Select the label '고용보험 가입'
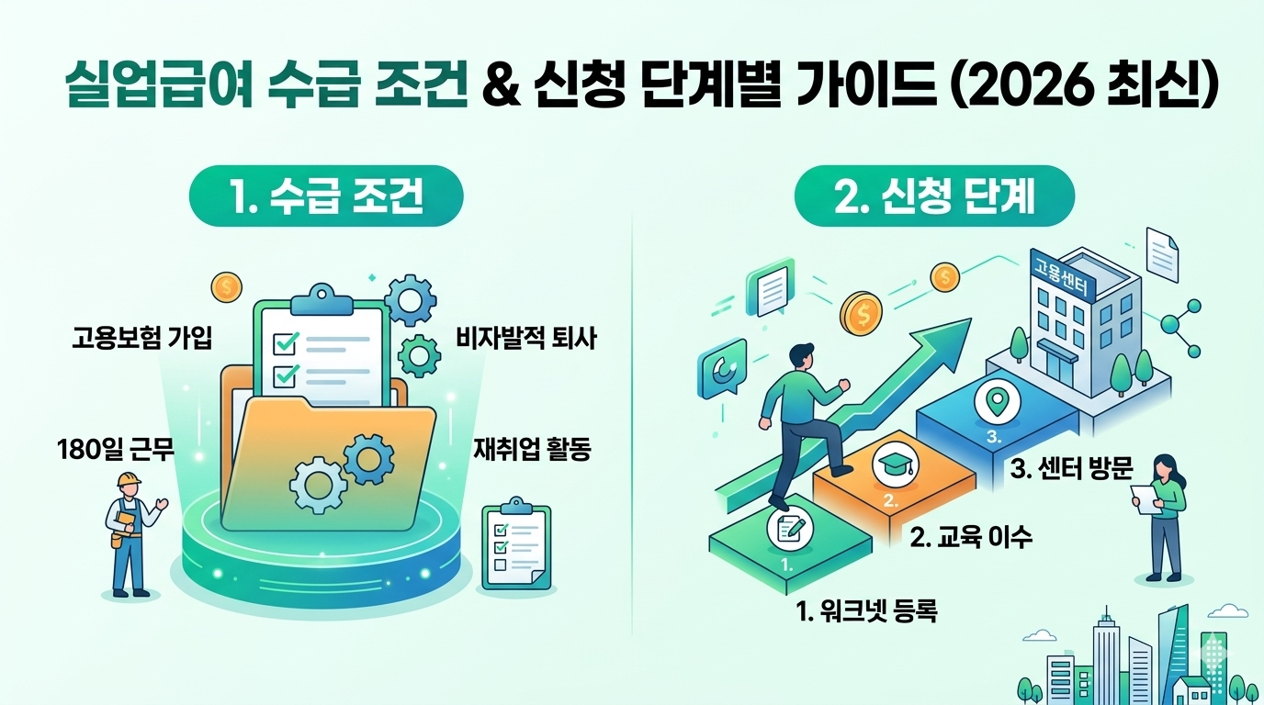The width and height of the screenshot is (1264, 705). [141, 339]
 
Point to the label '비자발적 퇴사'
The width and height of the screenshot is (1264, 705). [526, 340]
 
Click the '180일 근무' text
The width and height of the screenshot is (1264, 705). [115, 450]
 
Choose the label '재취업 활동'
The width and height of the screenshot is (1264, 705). [532, 450]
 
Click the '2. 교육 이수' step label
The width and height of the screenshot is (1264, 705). [971, 537]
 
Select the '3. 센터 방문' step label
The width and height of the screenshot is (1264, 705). [1071, 469]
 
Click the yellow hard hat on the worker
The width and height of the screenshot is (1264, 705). [128, 479]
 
